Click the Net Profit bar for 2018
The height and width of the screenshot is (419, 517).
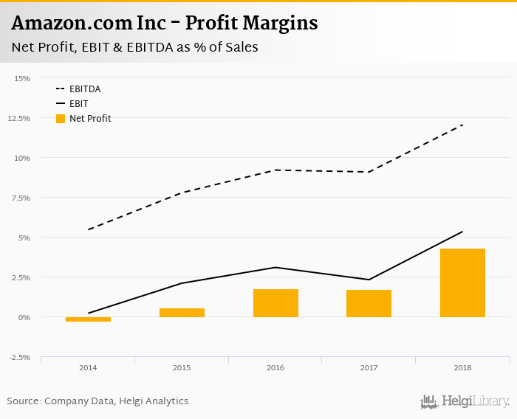(x=462, y=283)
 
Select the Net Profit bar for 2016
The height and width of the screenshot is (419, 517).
(x=275, y=303)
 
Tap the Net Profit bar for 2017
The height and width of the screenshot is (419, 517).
(x=369, y=303)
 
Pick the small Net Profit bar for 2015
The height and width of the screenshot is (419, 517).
(x=182, y=313)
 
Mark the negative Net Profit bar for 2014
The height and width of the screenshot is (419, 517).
(x=88, y=319)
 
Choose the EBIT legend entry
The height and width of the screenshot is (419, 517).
(x=78, y=103)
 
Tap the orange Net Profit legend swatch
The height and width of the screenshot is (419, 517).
(x=61, y=118)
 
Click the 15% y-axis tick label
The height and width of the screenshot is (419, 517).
(x=22, y=78)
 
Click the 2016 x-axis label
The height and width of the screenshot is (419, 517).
(x=275, y=367)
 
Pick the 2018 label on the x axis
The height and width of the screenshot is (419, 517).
(x=462, y=367)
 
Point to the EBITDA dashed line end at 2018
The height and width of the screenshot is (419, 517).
(x=462, y=125)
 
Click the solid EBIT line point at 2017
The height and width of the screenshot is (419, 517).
(x=369, y=280)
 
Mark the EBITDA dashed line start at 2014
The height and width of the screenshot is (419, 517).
(x=89, y=229)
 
